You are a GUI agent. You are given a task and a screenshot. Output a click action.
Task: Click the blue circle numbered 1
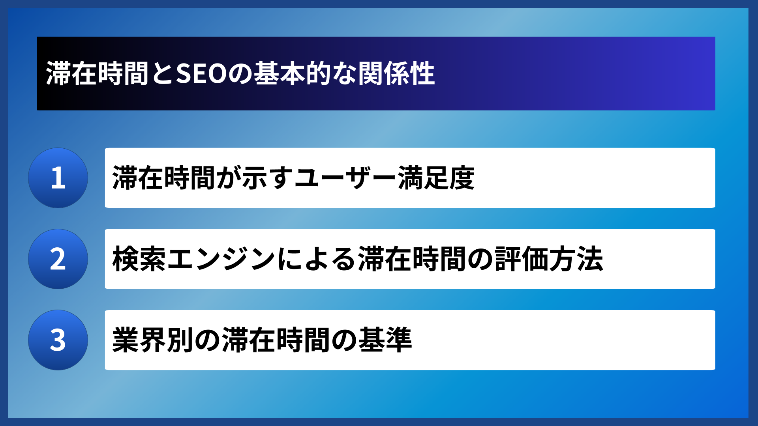(58, 178)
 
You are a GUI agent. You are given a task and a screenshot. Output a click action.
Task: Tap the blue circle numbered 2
(58, 259)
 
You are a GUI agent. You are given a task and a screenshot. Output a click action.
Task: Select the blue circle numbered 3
(58, 340)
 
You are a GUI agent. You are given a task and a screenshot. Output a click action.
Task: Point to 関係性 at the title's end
(396, 74)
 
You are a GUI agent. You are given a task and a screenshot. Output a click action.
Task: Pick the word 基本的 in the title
(292, 74)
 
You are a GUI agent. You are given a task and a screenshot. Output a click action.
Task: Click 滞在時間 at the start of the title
(97, 74)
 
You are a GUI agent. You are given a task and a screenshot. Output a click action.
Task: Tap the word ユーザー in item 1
(345, 178)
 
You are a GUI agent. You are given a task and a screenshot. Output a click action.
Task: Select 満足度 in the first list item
(436, 178)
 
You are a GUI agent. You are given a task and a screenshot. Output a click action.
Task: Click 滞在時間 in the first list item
(163, 178)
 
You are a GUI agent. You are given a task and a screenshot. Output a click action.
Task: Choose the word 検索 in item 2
(139, 259)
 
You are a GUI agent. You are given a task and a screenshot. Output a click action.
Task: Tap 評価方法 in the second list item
(549, 259)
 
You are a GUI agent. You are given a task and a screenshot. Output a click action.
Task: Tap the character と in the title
(162, 74)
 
